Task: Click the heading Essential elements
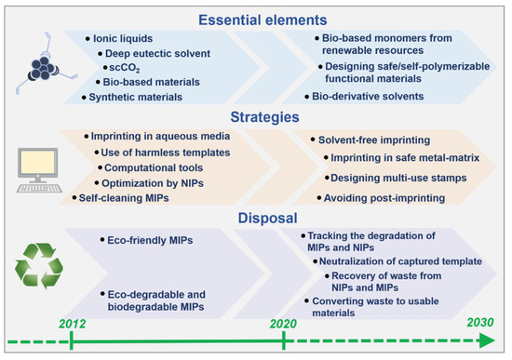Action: [263, 20]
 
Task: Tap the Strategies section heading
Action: [264, 117]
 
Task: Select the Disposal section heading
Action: [267, 218]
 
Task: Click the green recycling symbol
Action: [39, 266]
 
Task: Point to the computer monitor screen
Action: [37, 162]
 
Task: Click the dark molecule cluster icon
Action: [43, 69]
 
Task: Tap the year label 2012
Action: [73, 324]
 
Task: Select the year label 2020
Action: [283, 324]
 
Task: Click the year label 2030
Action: [480, 322]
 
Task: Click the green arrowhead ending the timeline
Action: [487, 341]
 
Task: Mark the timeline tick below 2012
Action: [71, 340]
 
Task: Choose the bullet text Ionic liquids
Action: [123, 38]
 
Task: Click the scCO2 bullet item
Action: [125, 68]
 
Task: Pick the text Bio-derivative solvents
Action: [368, 97]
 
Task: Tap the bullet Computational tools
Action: [154, 167]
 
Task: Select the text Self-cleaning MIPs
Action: [124, 198]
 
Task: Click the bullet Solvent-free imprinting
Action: [374, 140]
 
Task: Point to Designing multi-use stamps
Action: [398, 178]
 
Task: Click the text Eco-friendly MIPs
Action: [150, 240]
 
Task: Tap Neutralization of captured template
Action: [400, 261]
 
